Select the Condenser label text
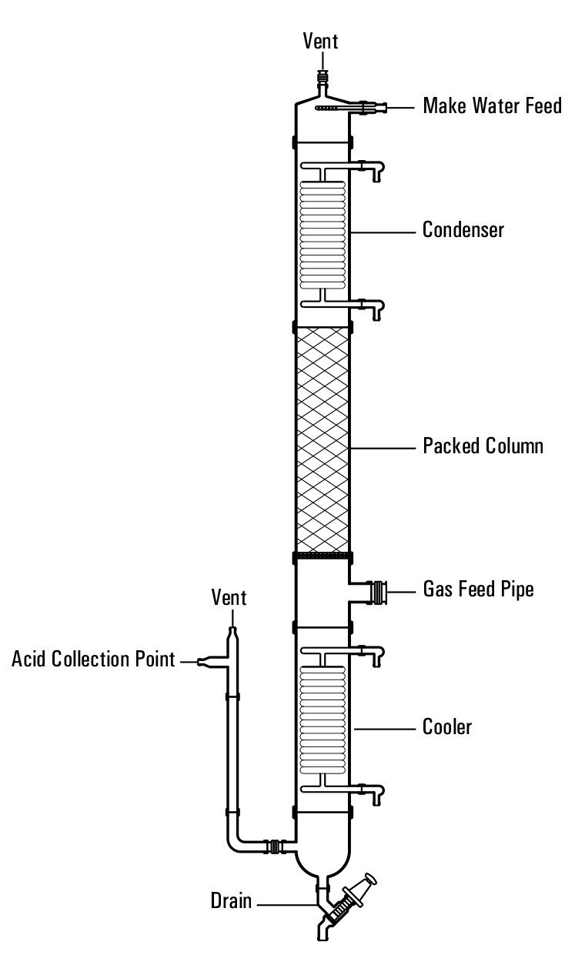pyautogui.click(x=463, y=229)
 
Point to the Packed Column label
pyautogui.click(x=483, y=446)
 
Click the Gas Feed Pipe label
pyautogui.click(x=479, y=590)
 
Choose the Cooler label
pyautogui.click(x=447, y=726)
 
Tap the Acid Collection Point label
pyautogui.click(x=94, y=659)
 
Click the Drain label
pyautogui.click(x=232, y=901)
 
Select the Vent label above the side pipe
pyautogui.click(x=231, y=598)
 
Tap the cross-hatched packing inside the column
pyautogui.click(x=323, y=439)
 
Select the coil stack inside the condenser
pyautogui.click(x=323, y=231)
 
